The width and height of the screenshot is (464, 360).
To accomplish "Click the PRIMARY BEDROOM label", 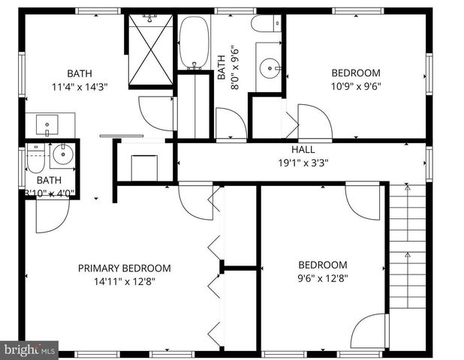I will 125,268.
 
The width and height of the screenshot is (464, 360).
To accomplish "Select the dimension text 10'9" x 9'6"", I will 356,85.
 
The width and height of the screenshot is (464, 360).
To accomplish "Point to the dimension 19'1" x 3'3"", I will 303,162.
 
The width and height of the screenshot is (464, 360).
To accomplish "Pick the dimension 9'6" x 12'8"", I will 323,277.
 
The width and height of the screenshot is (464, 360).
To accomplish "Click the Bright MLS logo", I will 29,349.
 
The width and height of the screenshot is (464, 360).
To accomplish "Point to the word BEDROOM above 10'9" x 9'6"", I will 356,73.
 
